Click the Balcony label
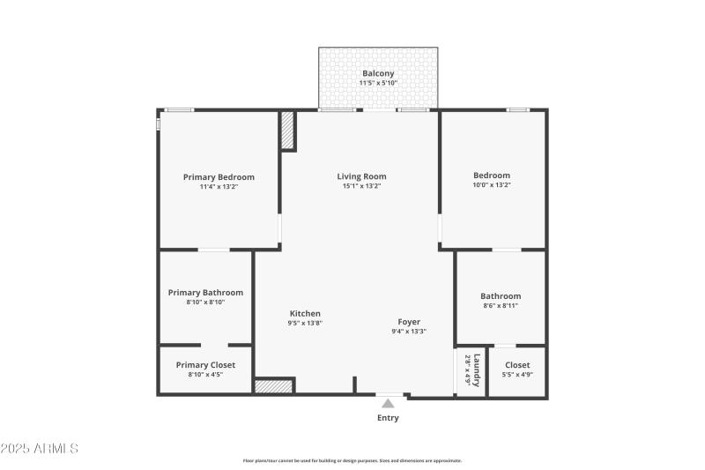coord(378,73)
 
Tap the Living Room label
coord(361,176)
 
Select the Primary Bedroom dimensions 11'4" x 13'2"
coord(219,187)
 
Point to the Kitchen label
coord(305,313)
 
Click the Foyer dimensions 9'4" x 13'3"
coord(409,332)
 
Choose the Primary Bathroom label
coord(205,292)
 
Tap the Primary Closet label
coord(205,364)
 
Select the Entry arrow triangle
coord(388,403)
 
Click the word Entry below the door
coord(388,418)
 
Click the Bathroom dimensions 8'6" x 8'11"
coord(501,306)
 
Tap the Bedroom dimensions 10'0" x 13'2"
coord(492,186)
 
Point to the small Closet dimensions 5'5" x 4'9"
coord(518,375)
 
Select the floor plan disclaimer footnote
coord(352,460)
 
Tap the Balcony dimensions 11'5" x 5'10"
coord(378,83)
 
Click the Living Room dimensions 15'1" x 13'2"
coord(361,187)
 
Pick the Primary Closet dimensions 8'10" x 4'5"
coord(205,375)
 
